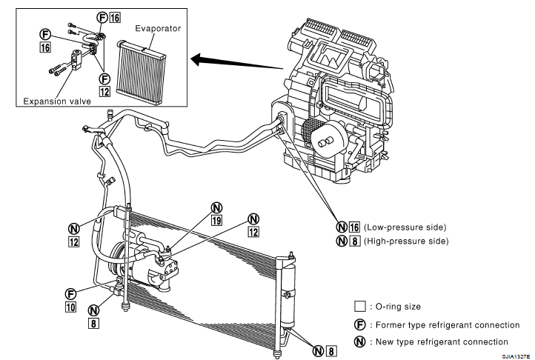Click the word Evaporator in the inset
[x=158, y=28]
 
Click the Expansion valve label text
[x=57, y=101]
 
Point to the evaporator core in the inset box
[x=141, y=73]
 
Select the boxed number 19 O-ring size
[x=216, y=221]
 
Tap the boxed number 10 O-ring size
[x=70, y=307]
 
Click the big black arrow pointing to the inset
[x=237, y=63]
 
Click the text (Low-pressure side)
[x=405, y=227]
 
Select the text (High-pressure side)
[x=406, y=241]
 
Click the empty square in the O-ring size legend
[x=360, y=306]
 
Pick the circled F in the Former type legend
[x=360, y=324]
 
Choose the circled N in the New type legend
[x=360, y=341]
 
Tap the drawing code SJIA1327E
[x=516, y=356]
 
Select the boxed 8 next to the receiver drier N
[x=331, y=351]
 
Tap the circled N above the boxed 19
[x=216, y=207]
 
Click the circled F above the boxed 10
[x=70, y=294]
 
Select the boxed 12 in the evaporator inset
[x=104, y=91]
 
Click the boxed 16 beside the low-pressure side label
[x=354, y=227]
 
